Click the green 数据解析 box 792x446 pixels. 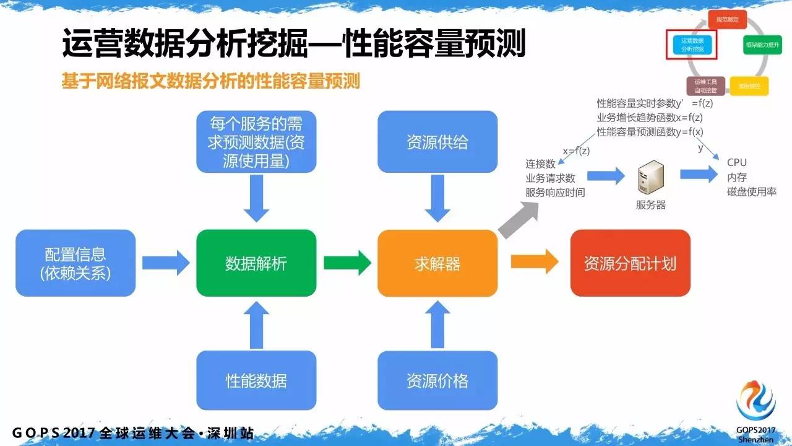pos(256,263)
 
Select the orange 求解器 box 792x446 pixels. pos(437,263)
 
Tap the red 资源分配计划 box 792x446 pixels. pos(630,263)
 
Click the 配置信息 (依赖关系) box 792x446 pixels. pos(75,263)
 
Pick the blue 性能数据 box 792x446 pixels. pos(256,380)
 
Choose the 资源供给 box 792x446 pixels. pos(437,142)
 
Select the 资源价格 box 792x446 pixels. pos(437,380)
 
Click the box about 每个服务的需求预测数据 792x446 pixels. pos(256,142)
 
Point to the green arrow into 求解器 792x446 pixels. pos(347,263)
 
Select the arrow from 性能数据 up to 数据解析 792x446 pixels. pos(256,325)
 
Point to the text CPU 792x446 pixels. pos(737,163)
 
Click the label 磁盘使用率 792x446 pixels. pos(751,192)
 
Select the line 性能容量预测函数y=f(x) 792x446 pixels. pos(650,131)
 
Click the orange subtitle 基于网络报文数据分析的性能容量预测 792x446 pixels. pos(210,81)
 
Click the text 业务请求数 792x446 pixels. pos(550,178)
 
